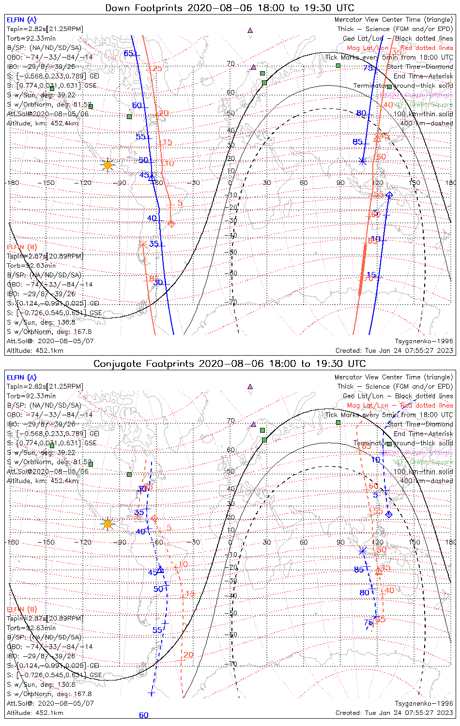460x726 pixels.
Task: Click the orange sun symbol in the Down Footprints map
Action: (107, 165)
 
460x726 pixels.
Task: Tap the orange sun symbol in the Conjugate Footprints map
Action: (107, 524)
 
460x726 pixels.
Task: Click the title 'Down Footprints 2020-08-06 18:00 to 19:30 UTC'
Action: (230, 8)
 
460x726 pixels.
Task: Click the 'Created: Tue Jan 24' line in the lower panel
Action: (394, 712)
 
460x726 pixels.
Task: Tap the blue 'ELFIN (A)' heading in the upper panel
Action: (21, 20)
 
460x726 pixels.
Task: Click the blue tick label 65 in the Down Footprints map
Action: (128, 53)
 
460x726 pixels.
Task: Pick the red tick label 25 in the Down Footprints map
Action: (157, 69)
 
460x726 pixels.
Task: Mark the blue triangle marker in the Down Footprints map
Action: (152, 177)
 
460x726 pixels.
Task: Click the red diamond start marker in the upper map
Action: (171, 223)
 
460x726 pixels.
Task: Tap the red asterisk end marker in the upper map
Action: (142, 245)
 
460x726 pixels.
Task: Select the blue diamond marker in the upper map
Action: (389, 195)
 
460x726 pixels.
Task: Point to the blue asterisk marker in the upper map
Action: (362, 161)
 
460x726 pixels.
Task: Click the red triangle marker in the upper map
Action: (377, 138)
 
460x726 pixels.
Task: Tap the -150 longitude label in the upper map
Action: (48, 183)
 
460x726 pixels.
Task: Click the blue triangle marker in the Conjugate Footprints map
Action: (160, 569)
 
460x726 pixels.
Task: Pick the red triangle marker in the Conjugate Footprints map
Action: (379, 572)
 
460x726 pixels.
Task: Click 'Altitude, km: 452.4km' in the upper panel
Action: (43, 123)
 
